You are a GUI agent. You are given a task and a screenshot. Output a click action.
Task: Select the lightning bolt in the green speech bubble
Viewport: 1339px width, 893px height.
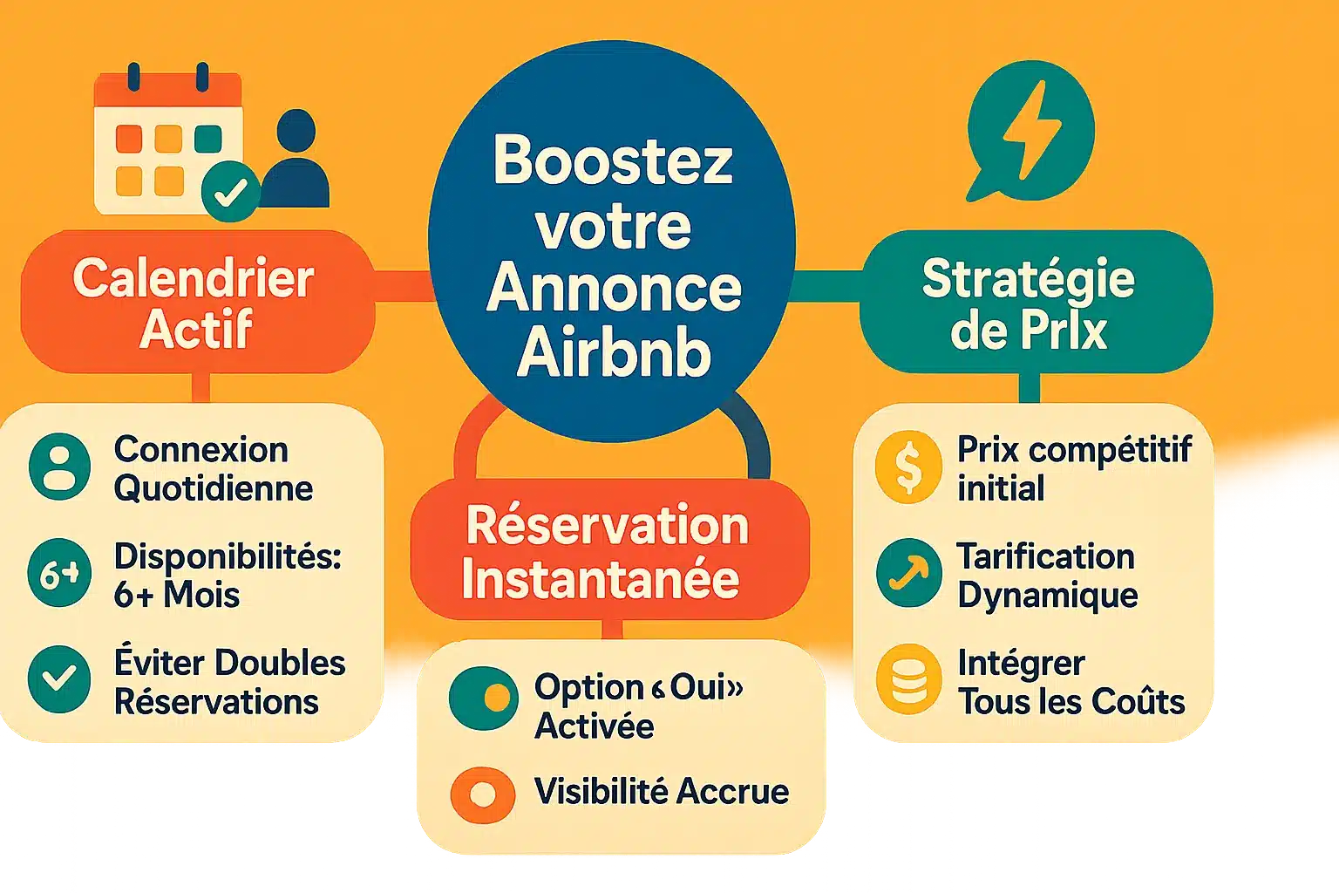tap(1031, 130)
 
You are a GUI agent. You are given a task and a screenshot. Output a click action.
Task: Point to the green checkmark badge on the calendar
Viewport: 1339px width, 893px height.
tap(230, 192)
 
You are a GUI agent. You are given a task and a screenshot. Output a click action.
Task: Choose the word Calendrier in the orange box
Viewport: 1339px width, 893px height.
tap(193, 279)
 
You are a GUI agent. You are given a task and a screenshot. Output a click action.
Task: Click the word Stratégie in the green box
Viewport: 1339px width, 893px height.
tap(1028, 280)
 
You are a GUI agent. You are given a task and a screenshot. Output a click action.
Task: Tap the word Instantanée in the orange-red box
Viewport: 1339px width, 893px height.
tap(601, 579)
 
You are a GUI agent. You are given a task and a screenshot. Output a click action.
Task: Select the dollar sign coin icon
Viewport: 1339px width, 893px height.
tap(908, 467)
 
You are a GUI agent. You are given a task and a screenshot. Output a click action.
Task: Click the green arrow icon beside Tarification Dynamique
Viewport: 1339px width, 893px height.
tap(908, 573)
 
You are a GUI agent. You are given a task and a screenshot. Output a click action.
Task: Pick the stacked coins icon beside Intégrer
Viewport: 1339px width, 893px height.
tap(908, 679)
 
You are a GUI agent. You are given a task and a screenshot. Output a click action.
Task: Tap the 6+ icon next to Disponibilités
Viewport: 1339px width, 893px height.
tap(59, 574)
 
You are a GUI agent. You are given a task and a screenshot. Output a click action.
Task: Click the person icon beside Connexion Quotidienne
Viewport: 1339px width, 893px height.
tap(59, 467)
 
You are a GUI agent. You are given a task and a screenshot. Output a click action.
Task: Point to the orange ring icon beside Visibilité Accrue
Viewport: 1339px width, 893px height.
tap(482, 794)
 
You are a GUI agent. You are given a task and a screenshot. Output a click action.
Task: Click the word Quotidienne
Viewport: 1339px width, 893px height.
tap(214, 488)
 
